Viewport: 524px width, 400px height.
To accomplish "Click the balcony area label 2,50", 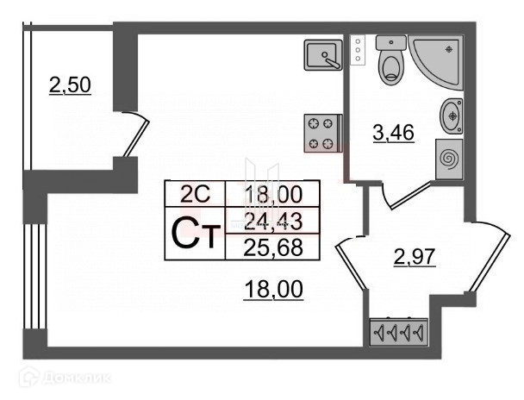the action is (x=71, y=86).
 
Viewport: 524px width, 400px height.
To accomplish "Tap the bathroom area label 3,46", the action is (x=394, y=134).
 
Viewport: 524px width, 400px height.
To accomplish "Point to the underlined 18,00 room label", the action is (x=272, y=291).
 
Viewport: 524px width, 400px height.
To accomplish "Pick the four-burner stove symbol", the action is (x=322, y=134).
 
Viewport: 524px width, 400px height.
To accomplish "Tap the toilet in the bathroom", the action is (x=392, y=59).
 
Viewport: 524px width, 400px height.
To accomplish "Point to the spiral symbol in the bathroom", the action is (x=449, y=159).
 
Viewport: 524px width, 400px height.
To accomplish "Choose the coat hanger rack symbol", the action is (x=397, y=332).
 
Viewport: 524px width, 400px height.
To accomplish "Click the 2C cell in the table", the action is (x=194, y=194).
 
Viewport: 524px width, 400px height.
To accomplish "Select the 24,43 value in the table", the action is (x=271, y=222).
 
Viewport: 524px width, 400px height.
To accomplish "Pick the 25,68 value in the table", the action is (x=271, y=247).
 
